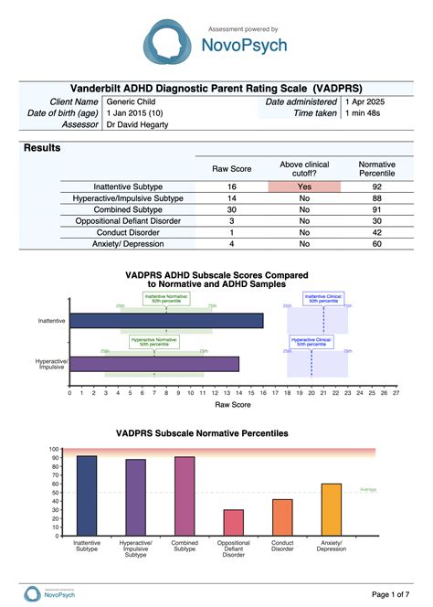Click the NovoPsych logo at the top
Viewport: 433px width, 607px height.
point(216,43)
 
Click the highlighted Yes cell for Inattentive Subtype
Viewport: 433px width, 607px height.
point(303,186)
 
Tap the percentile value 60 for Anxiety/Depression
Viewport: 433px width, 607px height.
point(376,243)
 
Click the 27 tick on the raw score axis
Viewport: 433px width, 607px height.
point(396,393)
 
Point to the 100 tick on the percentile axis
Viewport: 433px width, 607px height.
point(54,450)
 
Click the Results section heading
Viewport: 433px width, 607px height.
point(42,147)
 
